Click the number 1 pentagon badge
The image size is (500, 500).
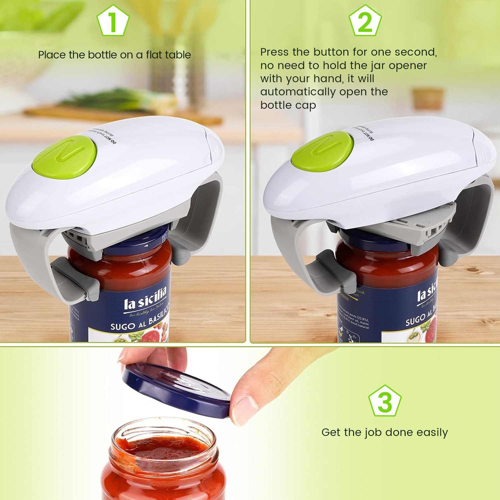(113, 21)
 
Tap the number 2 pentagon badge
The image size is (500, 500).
(365, 21)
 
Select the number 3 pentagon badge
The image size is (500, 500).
(385, 401)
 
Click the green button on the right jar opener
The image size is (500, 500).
(322, 150)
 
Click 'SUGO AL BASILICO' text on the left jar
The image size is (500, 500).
(140, 320)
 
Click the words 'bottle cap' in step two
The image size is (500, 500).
(288, 105)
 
